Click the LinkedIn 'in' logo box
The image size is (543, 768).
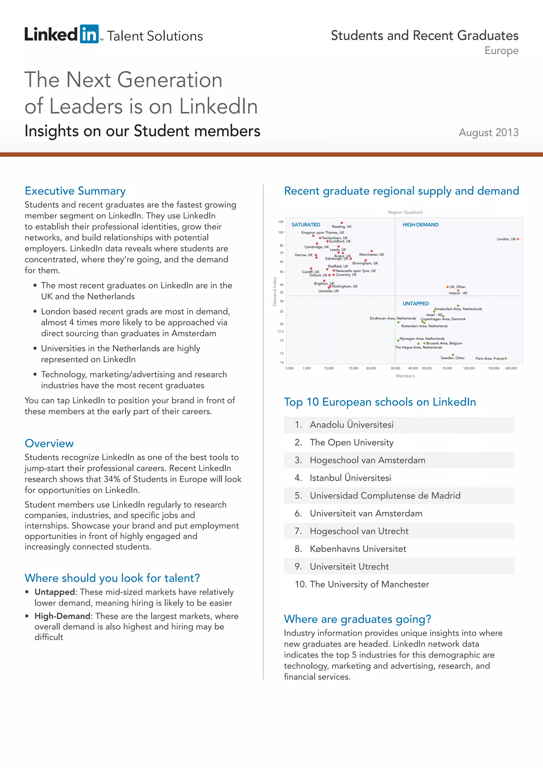[89, 34]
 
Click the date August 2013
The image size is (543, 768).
[488, 132]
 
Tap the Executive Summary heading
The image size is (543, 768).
[75, 191]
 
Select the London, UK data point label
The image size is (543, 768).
[506, 239]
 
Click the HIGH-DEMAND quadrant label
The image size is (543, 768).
[420, 225]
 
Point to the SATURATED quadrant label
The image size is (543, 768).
[306, 225]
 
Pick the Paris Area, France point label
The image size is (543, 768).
[489, 359]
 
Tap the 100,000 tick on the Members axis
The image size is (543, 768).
[468, 368]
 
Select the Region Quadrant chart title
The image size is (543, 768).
[405, 212]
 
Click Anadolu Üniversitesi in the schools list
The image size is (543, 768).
[351, 425]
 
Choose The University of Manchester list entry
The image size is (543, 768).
[369, 584]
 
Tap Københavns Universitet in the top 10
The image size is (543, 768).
[358, 549]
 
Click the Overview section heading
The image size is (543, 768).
[49, 444]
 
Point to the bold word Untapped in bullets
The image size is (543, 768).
[55, 592]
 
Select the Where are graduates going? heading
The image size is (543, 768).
[357, 619]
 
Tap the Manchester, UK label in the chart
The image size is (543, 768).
[371, 255]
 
